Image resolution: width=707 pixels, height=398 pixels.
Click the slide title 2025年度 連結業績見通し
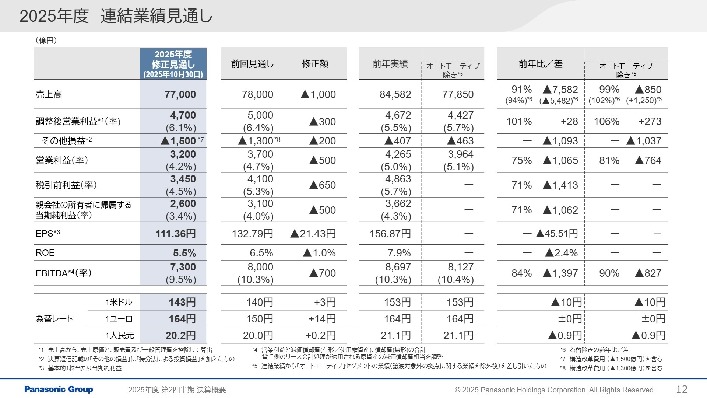[x=116, y=16]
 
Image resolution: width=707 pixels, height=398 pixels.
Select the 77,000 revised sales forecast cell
[x=180, y=94]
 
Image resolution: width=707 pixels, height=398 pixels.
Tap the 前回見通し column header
[x=253, y=64]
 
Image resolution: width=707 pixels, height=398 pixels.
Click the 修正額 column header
[x=315, y=64]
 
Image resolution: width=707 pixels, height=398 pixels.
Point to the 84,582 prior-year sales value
[x=395, y=94]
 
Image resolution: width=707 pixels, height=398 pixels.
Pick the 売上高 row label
[x=49, y=95]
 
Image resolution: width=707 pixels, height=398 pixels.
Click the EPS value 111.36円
[x=176, y=234]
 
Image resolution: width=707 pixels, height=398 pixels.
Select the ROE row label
[x=45, y=253]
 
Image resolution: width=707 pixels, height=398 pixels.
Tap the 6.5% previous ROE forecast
[x=261, y=253]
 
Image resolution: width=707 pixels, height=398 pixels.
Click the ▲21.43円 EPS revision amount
[x=313, y=234]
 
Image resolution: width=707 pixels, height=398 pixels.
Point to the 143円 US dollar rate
[x=182, y=302]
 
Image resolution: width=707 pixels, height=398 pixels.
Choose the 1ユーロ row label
[x=119, y=319]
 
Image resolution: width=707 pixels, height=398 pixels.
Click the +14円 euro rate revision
[x=322, y=319]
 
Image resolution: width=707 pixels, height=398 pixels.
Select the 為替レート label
[x=54, y=319]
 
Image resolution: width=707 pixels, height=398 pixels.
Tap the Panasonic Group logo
[x=59, y=389]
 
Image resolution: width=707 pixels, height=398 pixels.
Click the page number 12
[x=682, y=389]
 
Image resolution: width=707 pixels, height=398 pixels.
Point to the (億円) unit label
[x=46, y=41]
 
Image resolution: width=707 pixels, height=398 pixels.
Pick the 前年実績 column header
[x=390, y=64]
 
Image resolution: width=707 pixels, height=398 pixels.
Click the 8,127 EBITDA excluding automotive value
[x=458, y=267]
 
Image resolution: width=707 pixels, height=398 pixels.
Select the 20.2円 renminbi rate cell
[x=180, y=335]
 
